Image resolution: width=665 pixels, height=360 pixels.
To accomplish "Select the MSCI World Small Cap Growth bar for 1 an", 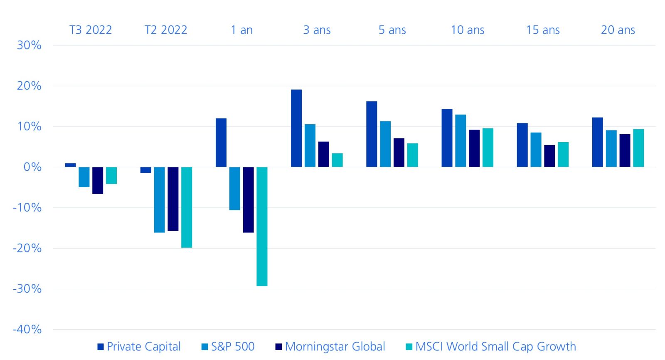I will coord(262,227).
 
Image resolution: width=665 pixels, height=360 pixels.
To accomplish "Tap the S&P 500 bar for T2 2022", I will coord(159,200).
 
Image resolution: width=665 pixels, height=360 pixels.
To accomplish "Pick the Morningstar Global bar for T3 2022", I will coord(98,180).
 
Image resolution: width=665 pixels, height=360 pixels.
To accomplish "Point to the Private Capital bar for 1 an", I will coord(221,143).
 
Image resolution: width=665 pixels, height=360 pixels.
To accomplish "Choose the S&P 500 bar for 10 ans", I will coord(461,141).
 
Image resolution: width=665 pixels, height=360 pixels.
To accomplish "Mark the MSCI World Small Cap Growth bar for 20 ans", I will coord(638,148).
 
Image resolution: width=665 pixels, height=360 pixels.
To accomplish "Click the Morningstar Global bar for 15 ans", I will coord(549,156).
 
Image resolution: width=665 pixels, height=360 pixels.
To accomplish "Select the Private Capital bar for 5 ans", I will coord(372,134).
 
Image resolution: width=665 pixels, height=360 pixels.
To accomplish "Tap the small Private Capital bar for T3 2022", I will coord(71,165).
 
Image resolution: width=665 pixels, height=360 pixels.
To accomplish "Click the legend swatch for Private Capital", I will coord(101,347).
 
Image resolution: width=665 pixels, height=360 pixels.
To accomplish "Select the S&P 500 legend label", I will coord(233,346).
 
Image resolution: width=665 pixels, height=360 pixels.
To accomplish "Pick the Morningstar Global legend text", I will coord(335,346).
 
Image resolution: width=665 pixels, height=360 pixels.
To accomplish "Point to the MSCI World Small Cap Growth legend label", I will coord(495,346).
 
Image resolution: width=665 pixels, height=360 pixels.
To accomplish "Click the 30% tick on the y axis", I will coord(29,45).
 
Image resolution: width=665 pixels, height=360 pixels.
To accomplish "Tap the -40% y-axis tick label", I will coord(27,329).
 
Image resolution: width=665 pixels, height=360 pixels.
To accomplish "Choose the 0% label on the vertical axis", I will coord(32,167).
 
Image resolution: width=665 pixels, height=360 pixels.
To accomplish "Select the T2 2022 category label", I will coord(166,30).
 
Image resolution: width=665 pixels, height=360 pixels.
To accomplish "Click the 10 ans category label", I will coord(468,30).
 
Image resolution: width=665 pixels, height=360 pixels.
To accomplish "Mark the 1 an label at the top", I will coord(241,30).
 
